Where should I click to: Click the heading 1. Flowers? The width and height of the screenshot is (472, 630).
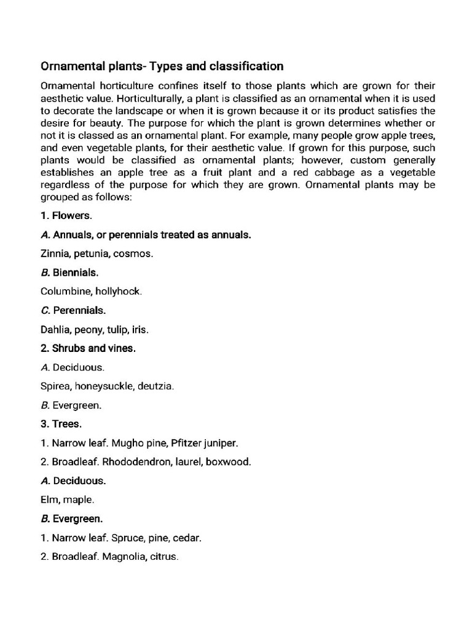[x=66, y=215]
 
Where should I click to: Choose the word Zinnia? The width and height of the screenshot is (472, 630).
[x=55, y=253]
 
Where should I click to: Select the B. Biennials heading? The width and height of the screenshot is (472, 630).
[x=69, y=272]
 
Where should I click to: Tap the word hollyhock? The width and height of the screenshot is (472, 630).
[x=118, y=291]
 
